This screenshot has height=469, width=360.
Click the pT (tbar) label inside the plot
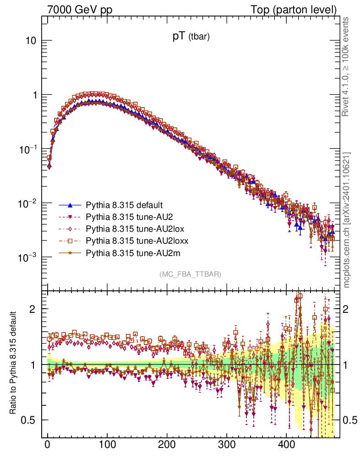coord(191,37)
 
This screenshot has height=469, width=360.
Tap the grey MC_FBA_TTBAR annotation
coord(190,274)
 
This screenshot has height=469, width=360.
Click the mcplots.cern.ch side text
coord(347,220)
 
